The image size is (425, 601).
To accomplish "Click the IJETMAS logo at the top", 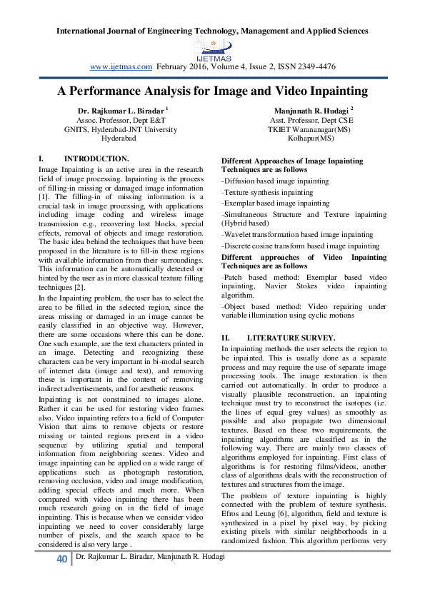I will [x=212, y=49].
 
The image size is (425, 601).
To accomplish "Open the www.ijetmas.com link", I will [x=121, y=66].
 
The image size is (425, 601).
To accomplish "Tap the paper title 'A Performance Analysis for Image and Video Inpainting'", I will [x=212, y=91].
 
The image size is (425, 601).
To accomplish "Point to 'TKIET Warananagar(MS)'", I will [x=299, y=129].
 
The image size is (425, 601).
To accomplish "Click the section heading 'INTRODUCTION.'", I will [x=96, y=158].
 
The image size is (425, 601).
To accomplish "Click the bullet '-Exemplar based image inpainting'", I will [x=265, y=203].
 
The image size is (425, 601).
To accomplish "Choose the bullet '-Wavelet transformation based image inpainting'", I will [x=286, y=233].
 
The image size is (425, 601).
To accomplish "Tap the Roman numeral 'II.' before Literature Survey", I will [x=226, y=336].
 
